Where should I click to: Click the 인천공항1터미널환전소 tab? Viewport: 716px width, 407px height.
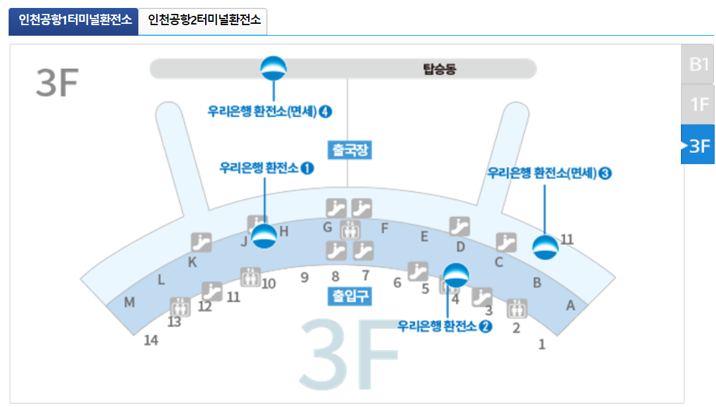click(x=73, y=21)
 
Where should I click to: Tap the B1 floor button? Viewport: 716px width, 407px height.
click(x=699, y=64)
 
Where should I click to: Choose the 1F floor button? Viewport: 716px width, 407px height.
click(x=699, y=104)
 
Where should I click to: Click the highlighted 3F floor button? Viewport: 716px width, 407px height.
click(x=699, y=145)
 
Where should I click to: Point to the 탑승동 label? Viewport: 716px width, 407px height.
click(x=439, y=69)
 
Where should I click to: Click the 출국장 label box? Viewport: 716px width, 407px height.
click(x=349, y=150)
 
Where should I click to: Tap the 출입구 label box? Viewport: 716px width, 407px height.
click(x=349, y=296)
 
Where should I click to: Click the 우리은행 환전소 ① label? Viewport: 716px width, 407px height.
click(x=267, y=168)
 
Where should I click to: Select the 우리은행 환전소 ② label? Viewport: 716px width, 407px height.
click(x=445, y=326)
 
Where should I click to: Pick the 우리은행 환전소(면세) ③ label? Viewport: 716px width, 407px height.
click(x=549, y=173)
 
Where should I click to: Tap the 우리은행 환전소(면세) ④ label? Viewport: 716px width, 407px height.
click(x=269, y=111)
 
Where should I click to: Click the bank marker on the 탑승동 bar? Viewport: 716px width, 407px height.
click(x=273, y=68)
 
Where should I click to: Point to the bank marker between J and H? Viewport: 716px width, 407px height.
click(x=264, y=236)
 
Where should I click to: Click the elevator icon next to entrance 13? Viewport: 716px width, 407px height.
click(x=179, y=306)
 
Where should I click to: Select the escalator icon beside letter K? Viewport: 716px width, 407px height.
click(x=201, y=242)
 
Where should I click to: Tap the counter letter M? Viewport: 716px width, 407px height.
click(x=130, y=303)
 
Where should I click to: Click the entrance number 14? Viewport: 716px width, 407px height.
click(x=152, y=340)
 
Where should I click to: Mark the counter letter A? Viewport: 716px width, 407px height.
click(x=570, y=306)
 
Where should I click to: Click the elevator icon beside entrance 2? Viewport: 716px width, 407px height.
click(x=517, y=308)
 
